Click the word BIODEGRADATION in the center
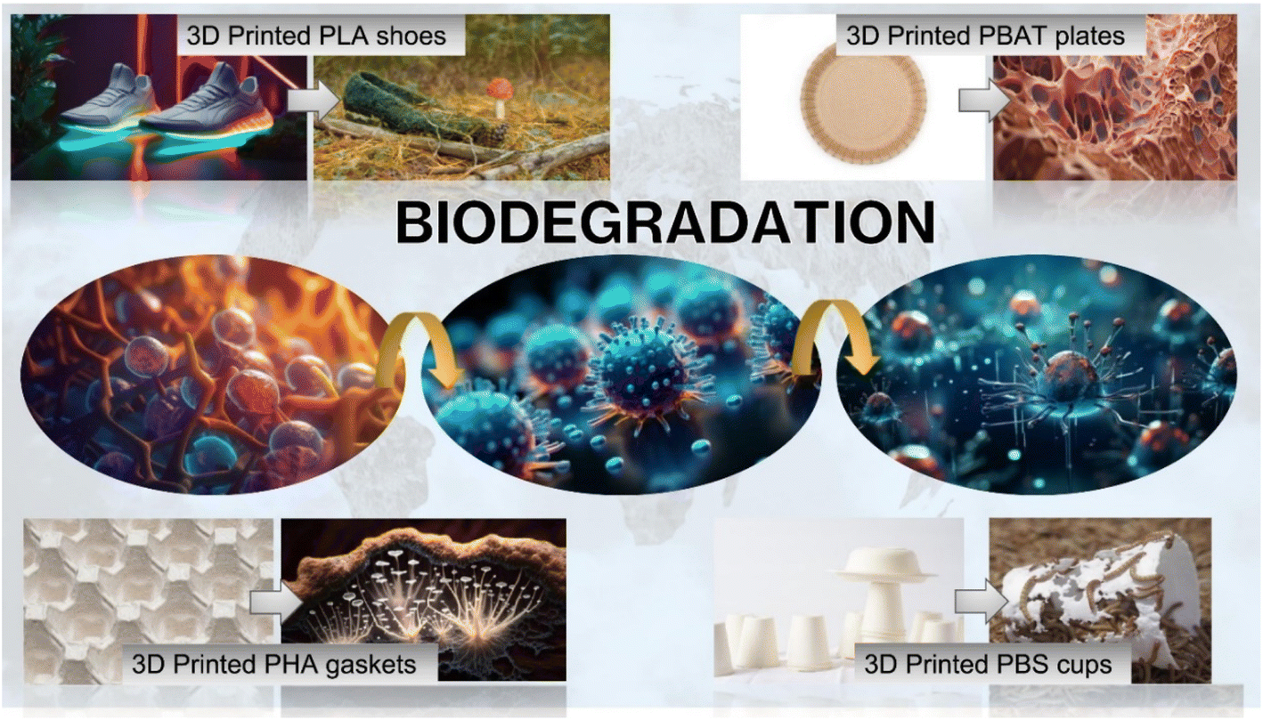[665, 222]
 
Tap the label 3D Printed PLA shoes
[316, 36]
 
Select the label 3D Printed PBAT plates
[985, 36]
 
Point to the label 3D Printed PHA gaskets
[274, 664]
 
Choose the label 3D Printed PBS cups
[988, 664]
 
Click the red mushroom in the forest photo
[500, 97]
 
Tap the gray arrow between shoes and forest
[314, 101]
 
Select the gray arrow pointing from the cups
[981, 602]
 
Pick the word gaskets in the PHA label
[371, 666]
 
